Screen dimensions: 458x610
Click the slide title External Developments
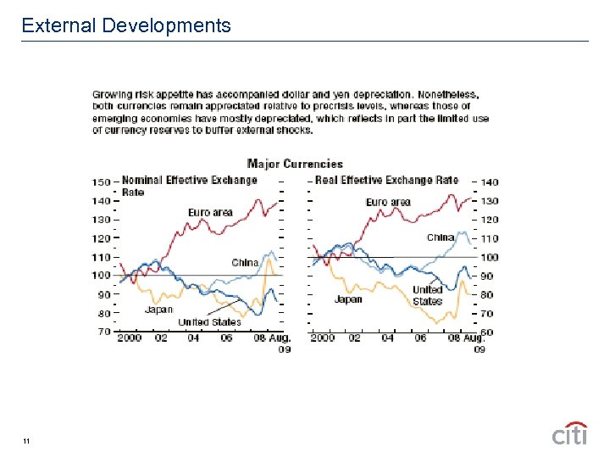(126, 25)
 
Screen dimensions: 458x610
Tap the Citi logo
(569, 433)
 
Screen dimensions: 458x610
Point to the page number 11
(27, 441)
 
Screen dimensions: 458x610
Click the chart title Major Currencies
(295, 164)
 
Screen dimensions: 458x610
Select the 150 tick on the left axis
(102, 182)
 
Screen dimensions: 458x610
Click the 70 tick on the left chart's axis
(102, 332)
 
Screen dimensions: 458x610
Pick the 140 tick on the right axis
(491, 182)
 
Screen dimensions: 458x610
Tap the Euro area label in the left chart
(210, 212)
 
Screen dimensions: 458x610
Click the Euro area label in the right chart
(388, 202)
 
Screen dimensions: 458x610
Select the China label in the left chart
(245, 262)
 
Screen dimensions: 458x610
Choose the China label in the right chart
(440, 237)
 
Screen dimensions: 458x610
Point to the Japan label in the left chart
(158, 310)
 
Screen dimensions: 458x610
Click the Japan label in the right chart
(348, 299)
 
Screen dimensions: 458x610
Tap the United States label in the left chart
(209, 321)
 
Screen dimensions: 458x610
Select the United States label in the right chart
(427, 295)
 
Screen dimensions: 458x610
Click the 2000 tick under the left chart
(130, 338)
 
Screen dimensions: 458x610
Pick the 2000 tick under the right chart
(323, 338)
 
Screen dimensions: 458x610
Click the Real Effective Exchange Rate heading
(387, 180)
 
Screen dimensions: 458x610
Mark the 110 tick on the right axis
(490, 238)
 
